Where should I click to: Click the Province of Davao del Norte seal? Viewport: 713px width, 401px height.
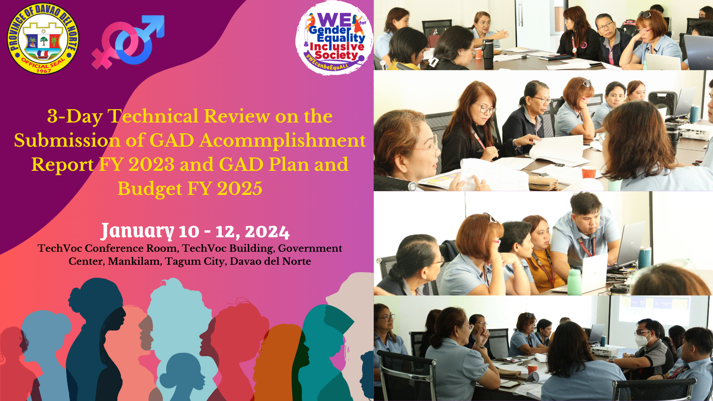[x=43, y=38]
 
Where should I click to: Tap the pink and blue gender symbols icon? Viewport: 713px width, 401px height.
[x=128, y=42]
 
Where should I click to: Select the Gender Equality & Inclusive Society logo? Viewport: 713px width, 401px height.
[x=334, y=38]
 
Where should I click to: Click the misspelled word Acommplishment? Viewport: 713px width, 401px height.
[x=282, y=140]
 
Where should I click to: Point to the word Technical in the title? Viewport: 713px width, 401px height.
[x=153, y=116]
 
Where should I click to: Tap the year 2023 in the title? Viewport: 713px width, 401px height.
[x=151, y=164]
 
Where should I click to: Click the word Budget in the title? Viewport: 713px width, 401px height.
[x=150, y=189]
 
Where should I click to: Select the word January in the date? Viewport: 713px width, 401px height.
[x=137, y=231]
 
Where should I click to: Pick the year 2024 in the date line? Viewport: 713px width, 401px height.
[x=267, y=232]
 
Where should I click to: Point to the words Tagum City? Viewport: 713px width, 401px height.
[x=195, y=261]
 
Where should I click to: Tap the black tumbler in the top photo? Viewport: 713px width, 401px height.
[x=488, y=54]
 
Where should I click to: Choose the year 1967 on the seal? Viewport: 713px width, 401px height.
[x=44, y=71]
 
